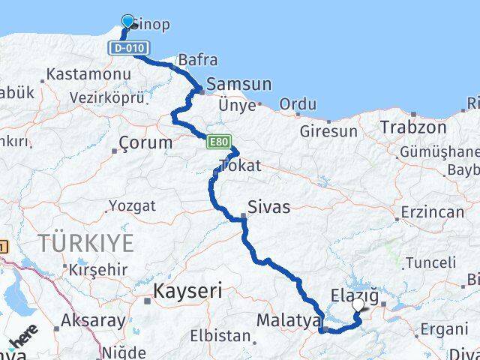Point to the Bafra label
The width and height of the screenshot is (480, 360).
point(196,60)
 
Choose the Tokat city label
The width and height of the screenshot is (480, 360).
point(240,166)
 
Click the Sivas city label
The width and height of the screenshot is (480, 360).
point(269,206)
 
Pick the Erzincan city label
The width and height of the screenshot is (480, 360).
point(433,212)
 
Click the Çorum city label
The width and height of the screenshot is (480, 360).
point(146,142)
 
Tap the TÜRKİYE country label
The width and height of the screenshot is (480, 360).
point(86,242)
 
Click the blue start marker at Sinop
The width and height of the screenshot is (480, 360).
point(127,21)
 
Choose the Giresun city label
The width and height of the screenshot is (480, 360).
point(328,130)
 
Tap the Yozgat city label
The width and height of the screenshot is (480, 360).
point(132,205)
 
